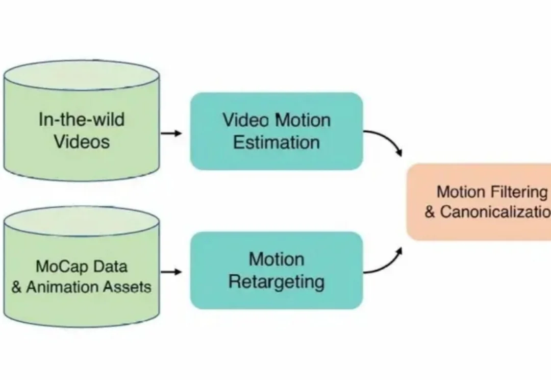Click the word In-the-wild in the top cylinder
[x=82, y=120]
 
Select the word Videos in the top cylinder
[x=82, y=141]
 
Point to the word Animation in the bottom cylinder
[x=61, y=287]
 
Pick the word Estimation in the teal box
[x=277, y=142]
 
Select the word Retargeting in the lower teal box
[x=277, y=281]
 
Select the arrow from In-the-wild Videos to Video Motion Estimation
[x=171, y=133]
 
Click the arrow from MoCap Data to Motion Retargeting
[x=171, y=272]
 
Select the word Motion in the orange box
[x=461, y=192]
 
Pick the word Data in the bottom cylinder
[x=111, y=266]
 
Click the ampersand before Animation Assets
[x=17, y=288]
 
